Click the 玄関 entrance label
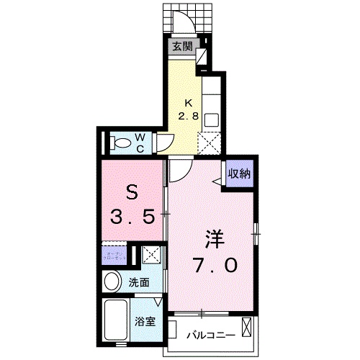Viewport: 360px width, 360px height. (183, 48)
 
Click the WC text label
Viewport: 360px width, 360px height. (140, 141)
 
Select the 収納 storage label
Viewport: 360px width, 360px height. (240, 173)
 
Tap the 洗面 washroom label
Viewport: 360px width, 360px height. (140, 283)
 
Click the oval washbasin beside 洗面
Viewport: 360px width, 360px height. (112, 281)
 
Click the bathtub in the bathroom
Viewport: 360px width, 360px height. (115, 318)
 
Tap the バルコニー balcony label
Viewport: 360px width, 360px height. (207, 335)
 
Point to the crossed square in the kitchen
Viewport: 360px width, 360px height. (212, 143)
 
